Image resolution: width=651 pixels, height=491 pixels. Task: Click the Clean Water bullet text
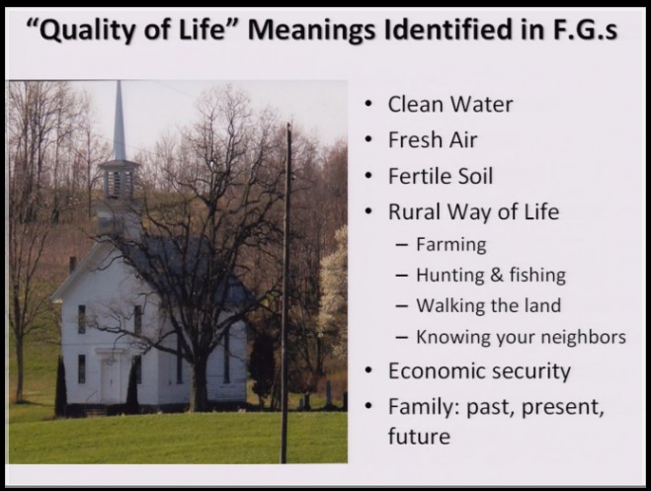[450, 104]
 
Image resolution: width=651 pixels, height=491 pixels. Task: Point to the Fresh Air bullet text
[433, 140]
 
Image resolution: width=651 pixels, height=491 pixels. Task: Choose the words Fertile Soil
[441, 176]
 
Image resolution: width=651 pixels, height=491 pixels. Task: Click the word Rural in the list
[414, 211]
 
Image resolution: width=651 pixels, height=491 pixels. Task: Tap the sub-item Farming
[451, 245]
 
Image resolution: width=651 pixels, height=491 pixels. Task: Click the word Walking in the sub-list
[450, 306]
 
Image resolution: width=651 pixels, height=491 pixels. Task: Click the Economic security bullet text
[479, 371]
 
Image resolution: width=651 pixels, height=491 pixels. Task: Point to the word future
[419, 437]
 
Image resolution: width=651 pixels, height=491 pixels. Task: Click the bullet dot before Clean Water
[367, 105]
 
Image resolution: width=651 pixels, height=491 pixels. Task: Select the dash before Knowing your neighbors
[401, 337]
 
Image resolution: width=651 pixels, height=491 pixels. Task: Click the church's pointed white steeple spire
[120, 121]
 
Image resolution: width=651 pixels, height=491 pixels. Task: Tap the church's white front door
[110, 379]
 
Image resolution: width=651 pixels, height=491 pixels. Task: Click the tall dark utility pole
[286, 293]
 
